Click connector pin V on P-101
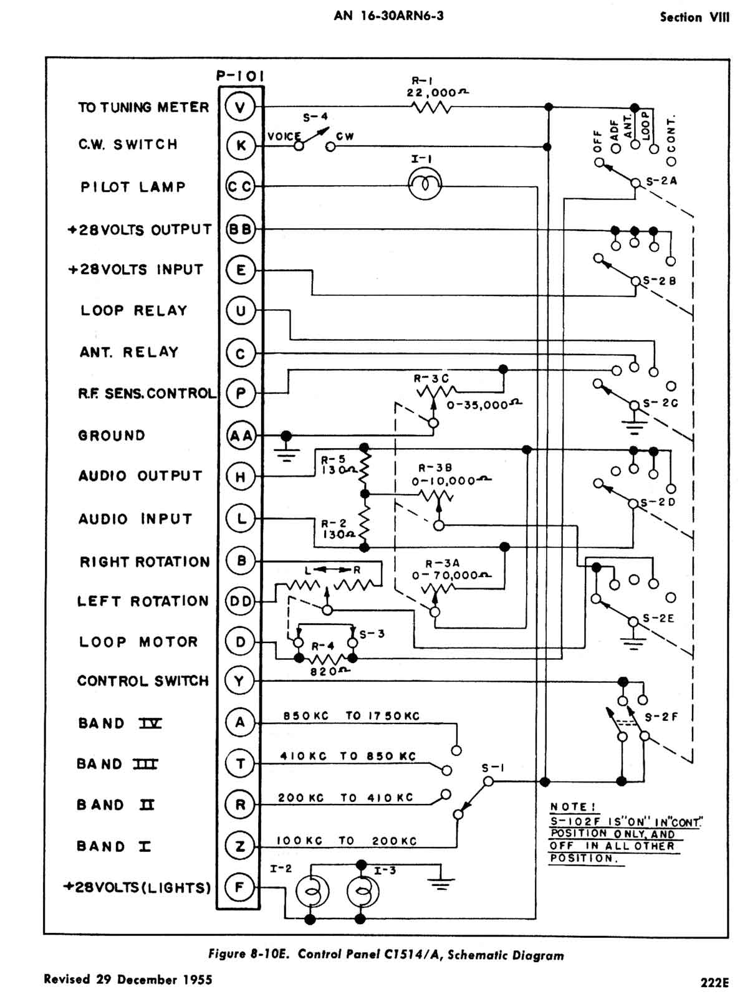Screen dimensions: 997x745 coord(240,107)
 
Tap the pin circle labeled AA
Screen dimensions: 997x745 coord(241,436)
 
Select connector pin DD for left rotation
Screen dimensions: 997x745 coord(241,601)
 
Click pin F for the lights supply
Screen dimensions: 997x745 coord(239,887)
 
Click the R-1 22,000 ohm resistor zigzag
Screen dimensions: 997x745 coord(431,107)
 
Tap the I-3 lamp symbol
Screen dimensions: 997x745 coord(361,894)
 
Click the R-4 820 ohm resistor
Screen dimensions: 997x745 coord(325,659)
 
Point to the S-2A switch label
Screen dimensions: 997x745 coord(661,181)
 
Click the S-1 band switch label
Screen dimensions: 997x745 coord(493,768)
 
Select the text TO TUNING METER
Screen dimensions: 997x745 coord(143,107)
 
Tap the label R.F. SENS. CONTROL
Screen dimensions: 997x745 coord(147,393)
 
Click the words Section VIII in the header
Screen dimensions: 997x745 coord(694,17)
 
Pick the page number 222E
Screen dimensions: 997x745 coord(714,982)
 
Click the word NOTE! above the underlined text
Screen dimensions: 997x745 coord(569,807)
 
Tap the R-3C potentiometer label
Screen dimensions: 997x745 coord(431,378)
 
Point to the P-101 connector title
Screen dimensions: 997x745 coord(240,76)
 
